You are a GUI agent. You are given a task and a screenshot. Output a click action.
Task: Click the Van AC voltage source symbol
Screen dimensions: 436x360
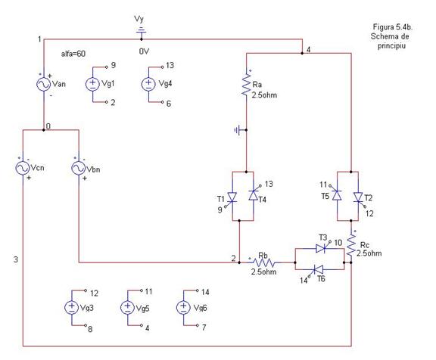point(44,84)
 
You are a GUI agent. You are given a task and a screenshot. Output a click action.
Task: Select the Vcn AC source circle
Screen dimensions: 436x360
point(23,168)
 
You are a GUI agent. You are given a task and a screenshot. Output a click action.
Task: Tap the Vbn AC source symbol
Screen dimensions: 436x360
point(79,168)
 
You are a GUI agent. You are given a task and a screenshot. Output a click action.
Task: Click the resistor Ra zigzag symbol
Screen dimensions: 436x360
point(246,84)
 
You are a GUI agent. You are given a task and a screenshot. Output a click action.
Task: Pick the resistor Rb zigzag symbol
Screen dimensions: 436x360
point(264,262)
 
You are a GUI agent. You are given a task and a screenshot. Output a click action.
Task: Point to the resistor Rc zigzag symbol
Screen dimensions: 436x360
point(351,246)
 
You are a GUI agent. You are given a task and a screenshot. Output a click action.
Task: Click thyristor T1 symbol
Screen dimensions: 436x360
point(232,198)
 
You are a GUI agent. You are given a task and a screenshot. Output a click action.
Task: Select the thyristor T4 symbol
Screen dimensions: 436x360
point(254,194)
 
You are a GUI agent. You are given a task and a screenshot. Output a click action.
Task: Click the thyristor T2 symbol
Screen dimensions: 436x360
point(359,198)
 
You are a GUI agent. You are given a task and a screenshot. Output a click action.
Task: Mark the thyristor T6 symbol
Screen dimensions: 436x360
point(316,270)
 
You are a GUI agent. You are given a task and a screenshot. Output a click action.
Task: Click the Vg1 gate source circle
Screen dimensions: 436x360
point(92,84)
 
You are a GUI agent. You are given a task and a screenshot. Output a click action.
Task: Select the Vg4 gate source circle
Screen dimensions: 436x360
point(149,84)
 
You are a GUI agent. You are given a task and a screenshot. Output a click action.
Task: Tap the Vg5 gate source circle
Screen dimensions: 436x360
point(128,308)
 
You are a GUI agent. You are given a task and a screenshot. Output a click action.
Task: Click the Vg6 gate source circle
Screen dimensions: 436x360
point(183,308)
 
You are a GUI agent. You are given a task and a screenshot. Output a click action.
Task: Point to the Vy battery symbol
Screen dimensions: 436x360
point(141,31)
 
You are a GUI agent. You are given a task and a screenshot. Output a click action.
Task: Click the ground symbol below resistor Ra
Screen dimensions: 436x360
point(238,130)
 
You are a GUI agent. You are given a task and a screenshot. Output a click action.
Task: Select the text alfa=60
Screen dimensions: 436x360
point(73,54)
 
